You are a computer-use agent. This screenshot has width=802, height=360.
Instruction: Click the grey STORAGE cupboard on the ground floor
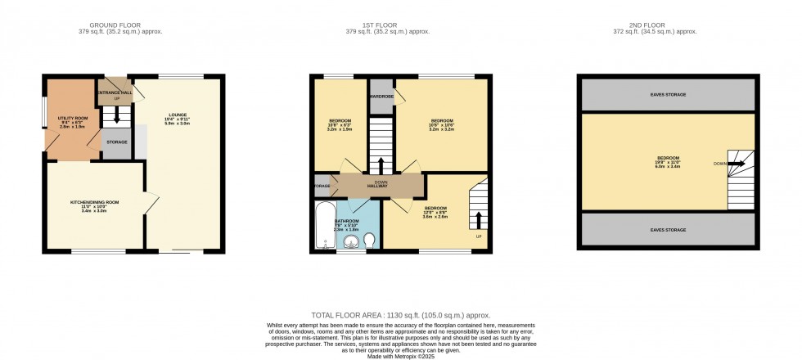(x=115, y=143)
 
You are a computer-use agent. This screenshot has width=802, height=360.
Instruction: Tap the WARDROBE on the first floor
(x=381, y=97)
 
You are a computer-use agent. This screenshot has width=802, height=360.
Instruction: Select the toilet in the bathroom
(x=369, y=240)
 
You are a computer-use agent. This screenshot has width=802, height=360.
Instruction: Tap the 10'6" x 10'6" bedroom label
(x=442, y=124)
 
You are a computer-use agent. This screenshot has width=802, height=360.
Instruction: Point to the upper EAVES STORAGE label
(x=668, y=95)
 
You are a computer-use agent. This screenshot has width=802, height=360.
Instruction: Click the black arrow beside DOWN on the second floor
(x=736, y=164)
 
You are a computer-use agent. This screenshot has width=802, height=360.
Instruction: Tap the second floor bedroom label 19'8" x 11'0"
(x=668, y=162)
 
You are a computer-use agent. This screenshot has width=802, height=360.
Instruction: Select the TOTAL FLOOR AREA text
(x=400, y=315)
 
